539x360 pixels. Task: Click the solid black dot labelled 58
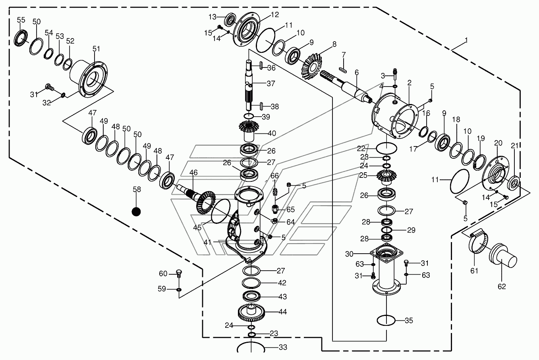coord(136,212)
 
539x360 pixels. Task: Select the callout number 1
coord(466,40)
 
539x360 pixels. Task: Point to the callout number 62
coord(502,286)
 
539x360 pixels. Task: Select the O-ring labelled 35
coord(386,320)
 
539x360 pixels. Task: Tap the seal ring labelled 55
coord(21,37)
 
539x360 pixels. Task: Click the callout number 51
coord(96,48)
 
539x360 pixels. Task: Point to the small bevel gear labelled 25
coord(385,177)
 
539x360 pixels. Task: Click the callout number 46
coord(193,172)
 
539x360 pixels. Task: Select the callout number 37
coord(271,83)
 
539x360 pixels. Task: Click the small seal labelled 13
coord(230,19)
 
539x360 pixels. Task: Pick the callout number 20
coord(498,143)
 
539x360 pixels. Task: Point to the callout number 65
coord(290,209)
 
